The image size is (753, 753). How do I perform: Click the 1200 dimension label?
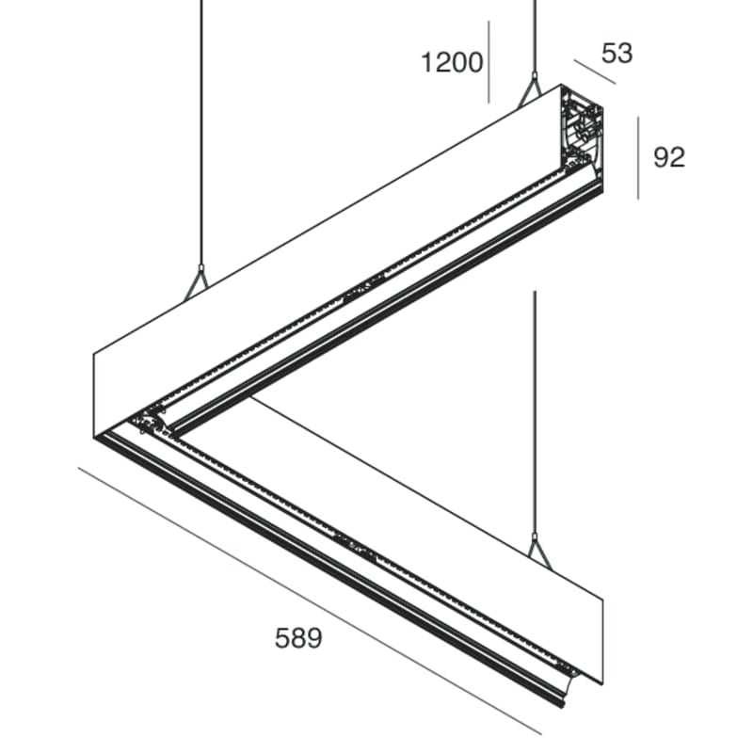pos(451,63)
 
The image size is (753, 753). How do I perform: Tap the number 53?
pos(617,54)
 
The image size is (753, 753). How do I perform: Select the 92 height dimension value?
pos(668,157)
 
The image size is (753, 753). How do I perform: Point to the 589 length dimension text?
pos(298,638)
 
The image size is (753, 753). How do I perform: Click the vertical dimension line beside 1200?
pos(489,61)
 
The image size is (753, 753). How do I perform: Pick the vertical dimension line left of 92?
pos(638,157)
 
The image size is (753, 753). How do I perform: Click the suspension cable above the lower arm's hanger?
pos(535,414)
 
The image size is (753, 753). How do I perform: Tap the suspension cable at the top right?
pos(534,38)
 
